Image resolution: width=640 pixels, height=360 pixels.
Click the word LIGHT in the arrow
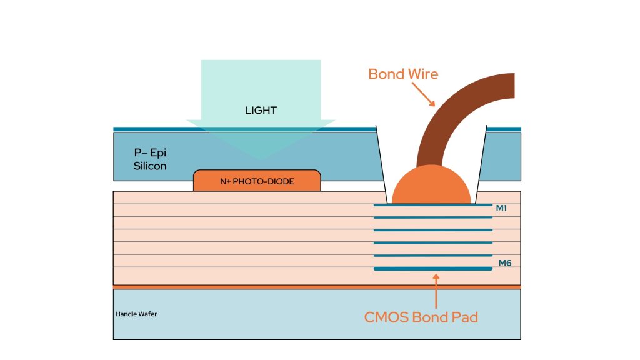tap(261, 111)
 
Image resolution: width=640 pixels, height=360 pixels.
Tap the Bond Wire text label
tap(403, 74)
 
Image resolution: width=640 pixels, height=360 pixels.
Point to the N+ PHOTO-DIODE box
tap(257, 181)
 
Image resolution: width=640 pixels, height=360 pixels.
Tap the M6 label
tap(505, 263)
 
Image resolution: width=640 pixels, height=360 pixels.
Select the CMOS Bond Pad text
tap(421, 317)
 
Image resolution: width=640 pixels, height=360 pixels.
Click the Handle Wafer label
tap(136, 314)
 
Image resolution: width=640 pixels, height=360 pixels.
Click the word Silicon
tap(150, 167)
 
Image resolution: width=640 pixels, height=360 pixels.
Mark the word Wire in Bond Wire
tap(420, 74)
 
